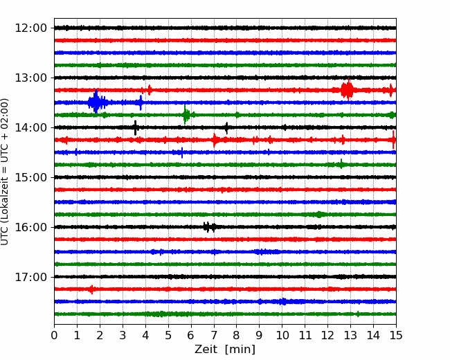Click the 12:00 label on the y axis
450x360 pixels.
pyautogui.click(x=30, y=28)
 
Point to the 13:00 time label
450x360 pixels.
pyautogui.click(x=30, y=78)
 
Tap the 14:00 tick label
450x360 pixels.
pyautogui.click(x=30, y=127)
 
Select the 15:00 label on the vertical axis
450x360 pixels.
pyautogui.click(x=30, y=177)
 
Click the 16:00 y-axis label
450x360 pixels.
pyautogui.click(x=30, y=227)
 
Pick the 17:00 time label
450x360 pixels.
pyautogui.click(x=30, y=277)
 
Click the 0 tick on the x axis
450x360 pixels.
pyautogui.click(x=54, y=335)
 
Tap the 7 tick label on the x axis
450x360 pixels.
pyautogui.click(x=214, y=335)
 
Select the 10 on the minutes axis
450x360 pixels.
pyautogui.click(x=282, y=335)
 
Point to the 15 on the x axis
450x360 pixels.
pyautogui.click(x=396, y=335)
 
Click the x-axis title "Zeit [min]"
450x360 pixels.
pyautogui.click(x=225, y=350)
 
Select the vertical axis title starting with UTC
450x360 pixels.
pyautogui.click(x=5, y=172)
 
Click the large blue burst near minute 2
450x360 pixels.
pyautogui.click(x=96, y=102)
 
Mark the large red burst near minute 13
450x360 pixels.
pyautogui.click(x=348, y=89)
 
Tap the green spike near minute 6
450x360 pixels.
pyautogui.click(x=186, y=114)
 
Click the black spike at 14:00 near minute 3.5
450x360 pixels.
pyautogui.click(x=135, y=128)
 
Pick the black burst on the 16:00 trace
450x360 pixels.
pyautogui.click(x=210, y=227)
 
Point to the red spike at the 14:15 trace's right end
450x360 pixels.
pyautogui.click(x=393, y=140)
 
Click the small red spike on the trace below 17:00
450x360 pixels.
pyautogui.click(x=92, y=289)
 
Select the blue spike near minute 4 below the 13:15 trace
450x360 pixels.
pyautogui.click(x=141, y=102)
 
